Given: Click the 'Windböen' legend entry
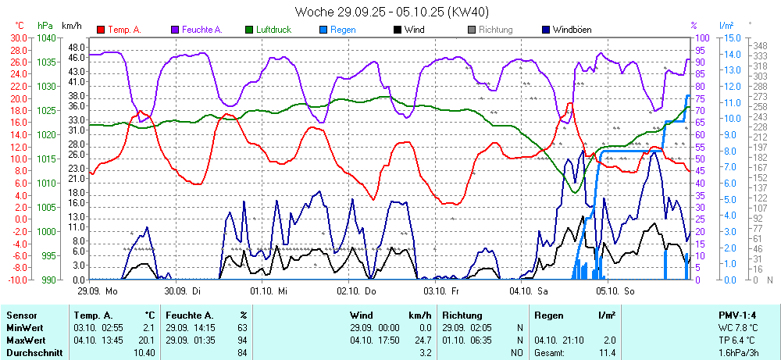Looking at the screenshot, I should point(571,30).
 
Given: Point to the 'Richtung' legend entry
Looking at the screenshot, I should point(495,30).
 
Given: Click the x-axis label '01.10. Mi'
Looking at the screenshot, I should point(269,290).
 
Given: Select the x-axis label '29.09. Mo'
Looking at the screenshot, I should point(97,290).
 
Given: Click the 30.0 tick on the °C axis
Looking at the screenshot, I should point(17,37).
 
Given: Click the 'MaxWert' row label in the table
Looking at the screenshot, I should point(25,340).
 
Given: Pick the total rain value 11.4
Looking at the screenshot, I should point(607,352).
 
